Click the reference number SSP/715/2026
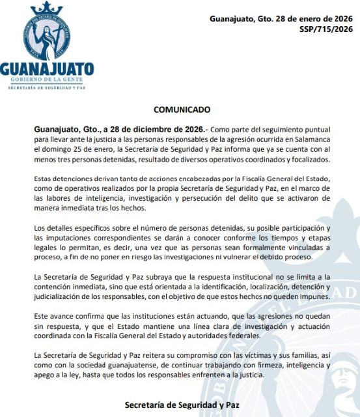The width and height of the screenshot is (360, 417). pyautogui.click(x=325, y=29)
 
